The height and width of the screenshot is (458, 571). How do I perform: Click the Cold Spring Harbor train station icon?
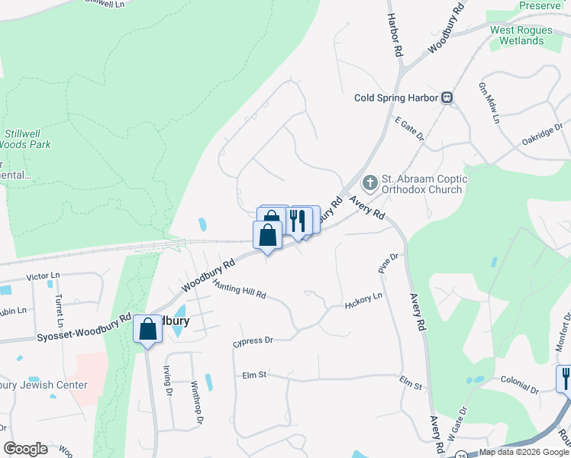click(447, 98)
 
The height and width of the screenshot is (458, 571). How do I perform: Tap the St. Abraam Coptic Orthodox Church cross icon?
click(369, 182)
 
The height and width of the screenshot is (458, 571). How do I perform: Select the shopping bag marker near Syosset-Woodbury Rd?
click(147, 331)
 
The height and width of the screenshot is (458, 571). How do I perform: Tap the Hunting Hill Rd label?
click(240, 289)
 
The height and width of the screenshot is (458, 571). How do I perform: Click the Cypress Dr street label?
click(253, 340)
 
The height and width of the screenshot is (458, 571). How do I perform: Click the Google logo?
click(25, 449)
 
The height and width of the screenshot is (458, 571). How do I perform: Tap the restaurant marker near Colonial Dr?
click(564, 379)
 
